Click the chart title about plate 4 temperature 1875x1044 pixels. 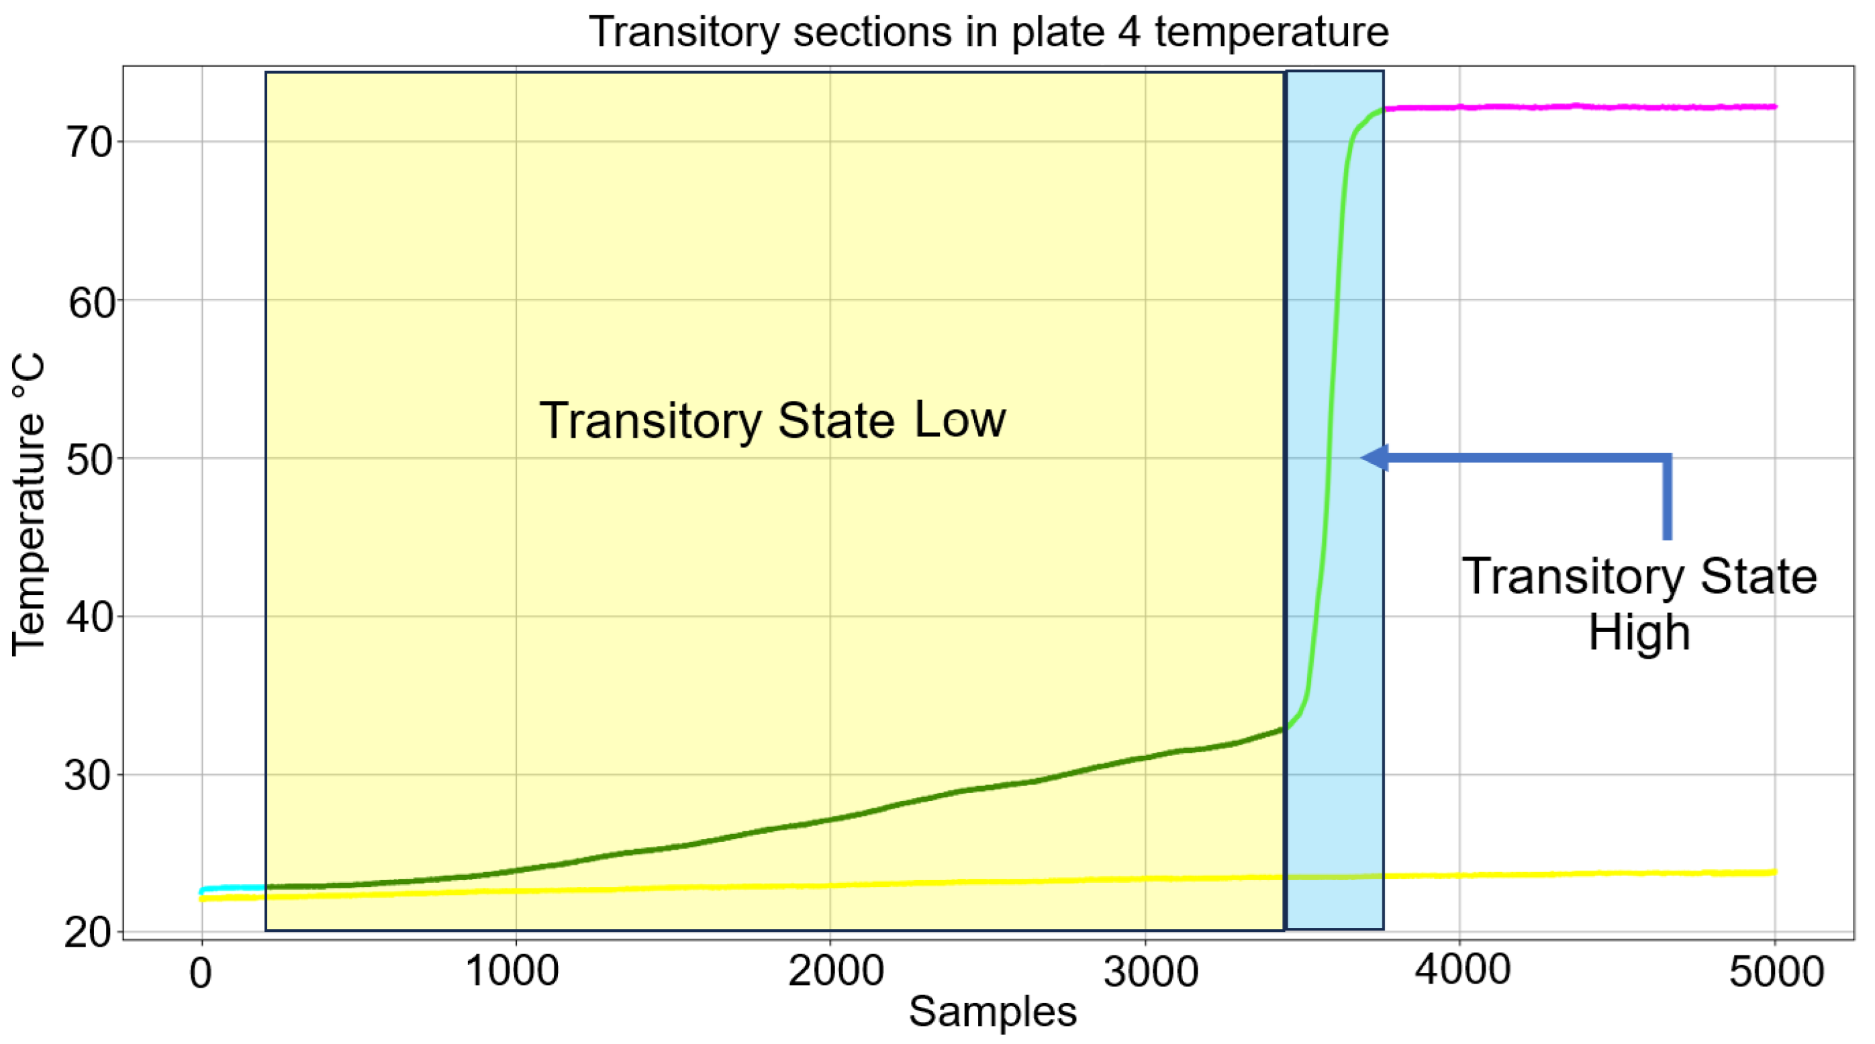coord(988,32)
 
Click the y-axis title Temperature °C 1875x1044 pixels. coord(29,504)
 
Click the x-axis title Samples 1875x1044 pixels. coord(992,1011)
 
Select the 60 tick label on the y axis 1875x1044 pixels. coord(91,301)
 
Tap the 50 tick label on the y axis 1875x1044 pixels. coord(89,459)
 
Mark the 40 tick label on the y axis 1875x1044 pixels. coord(89,618)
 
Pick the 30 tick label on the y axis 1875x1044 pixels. coord(89,775)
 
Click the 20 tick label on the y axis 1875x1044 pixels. coord(89,933)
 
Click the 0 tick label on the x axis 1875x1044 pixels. coord(201,972)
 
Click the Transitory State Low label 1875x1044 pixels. coord(772,420)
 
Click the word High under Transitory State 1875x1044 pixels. coord(1639,632)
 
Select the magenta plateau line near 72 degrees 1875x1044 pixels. coord(1580,107)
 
